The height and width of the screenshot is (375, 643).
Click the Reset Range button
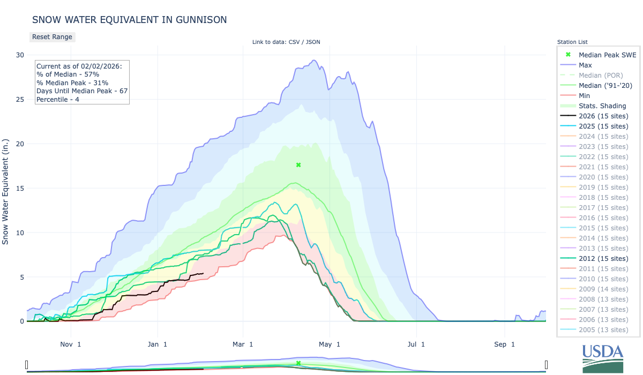51,37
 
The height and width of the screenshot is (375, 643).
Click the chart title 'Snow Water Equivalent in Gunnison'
129,20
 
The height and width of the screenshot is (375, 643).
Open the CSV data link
293,42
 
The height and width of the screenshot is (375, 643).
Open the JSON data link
313,42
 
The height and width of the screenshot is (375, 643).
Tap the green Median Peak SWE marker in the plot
298,165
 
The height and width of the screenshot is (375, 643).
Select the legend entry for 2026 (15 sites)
603,116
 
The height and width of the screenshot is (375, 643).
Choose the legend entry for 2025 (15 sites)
603,126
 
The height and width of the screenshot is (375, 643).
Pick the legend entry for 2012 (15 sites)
603,259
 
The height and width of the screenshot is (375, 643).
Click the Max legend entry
586,65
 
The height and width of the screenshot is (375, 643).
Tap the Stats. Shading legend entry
602,106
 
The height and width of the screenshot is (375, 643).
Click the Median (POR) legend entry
601,76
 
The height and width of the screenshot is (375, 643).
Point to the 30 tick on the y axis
20,55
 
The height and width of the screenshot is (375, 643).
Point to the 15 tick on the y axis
20,188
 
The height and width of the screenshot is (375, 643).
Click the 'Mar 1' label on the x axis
243,344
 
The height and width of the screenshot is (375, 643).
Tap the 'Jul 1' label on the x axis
416,344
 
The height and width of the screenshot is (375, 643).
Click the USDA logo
603,357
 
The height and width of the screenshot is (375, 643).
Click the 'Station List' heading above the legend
572,42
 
